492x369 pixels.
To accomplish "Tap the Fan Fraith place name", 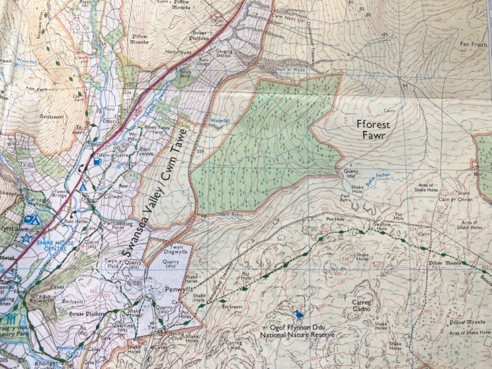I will pos(472,45).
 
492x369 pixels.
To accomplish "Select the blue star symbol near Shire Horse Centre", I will pos(26,237).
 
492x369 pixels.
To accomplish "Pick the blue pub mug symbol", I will pos(97,160).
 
